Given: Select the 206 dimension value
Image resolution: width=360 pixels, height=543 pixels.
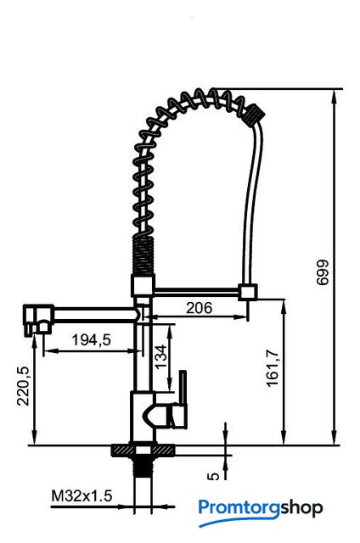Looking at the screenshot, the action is coord(199,307).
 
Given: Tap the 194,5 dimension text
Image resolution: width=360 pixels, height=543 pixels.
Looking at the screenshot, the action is coord(92,339).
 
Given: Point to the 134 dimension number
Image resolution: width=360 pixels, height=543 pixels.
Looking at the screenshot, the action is coord(160,356).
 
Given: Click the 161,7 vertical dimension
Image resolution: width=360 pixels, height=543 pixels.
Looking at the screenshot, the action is coord(272,367).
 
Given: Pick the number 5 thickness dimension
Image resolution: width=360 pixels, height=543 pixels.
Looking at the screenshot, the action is coord(214,476).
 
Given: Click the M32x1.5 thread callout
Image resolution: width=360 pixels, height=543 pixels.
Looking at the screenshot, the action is coord(82,495).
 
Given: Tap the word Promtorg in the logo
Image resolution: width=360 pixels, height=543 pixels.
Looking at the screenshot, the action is coord(239,508).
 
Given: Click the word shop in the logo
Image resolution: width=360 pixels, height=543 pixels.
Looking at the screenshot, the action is coord(301,509).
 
